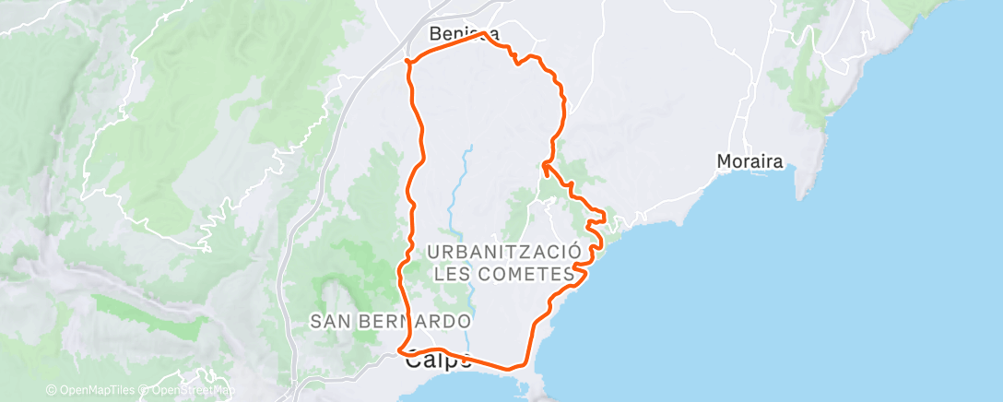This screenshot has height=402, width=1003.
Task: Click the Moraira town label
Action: coord(749,162)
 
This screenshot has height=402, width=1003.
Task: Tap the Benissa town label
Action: coord(465,35)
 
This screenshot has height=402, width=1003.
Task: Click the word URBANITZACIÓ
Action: coord(503,252)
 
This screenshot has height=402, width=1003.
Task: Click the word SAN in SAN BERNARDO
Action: coord(331,322)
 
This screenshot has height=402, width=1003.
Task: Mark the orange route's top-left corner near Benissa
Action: coord(407,62)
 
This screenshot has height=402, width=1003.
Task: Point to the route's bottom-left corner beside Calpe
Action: coord(400,349)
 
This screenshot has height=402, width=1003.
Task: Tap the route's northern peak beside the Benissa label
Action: coord(483,34)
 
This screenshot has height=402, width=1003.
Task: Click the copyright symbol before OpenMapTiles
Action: coord(51,390)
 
